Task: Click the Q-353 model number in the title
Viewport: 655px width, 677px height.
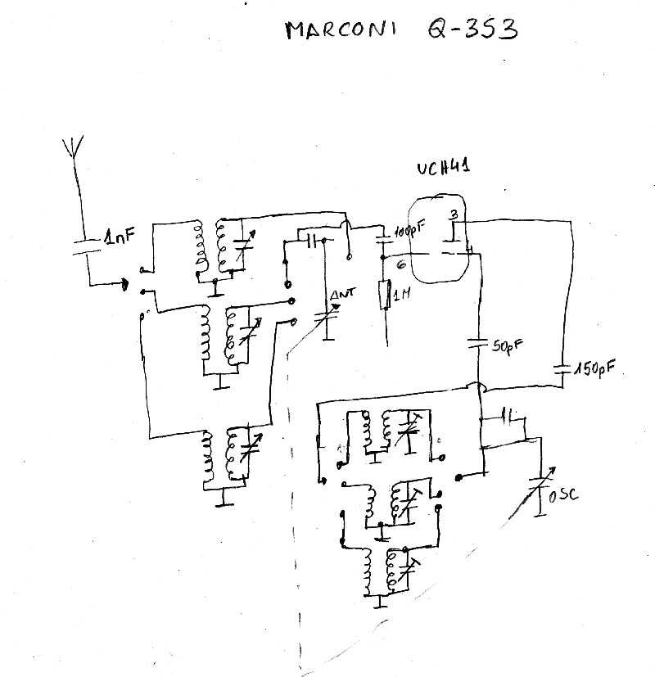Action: point(472,29)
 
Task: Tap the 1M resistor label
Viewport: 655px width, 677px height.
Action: point(400,296)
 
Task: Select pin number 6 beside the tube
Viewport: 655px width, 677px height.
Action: point(401,264)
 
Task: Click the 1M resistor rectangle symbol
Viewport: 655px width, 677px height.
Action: point(382,296)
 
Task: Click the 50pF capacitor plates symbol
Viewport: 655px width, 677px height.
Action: point(478,345)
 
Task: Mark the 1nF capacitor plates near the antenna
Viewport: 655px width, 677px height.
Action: point(86,246)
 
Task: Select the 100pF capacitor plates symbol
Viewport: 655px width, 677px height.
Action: point(382,239)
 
